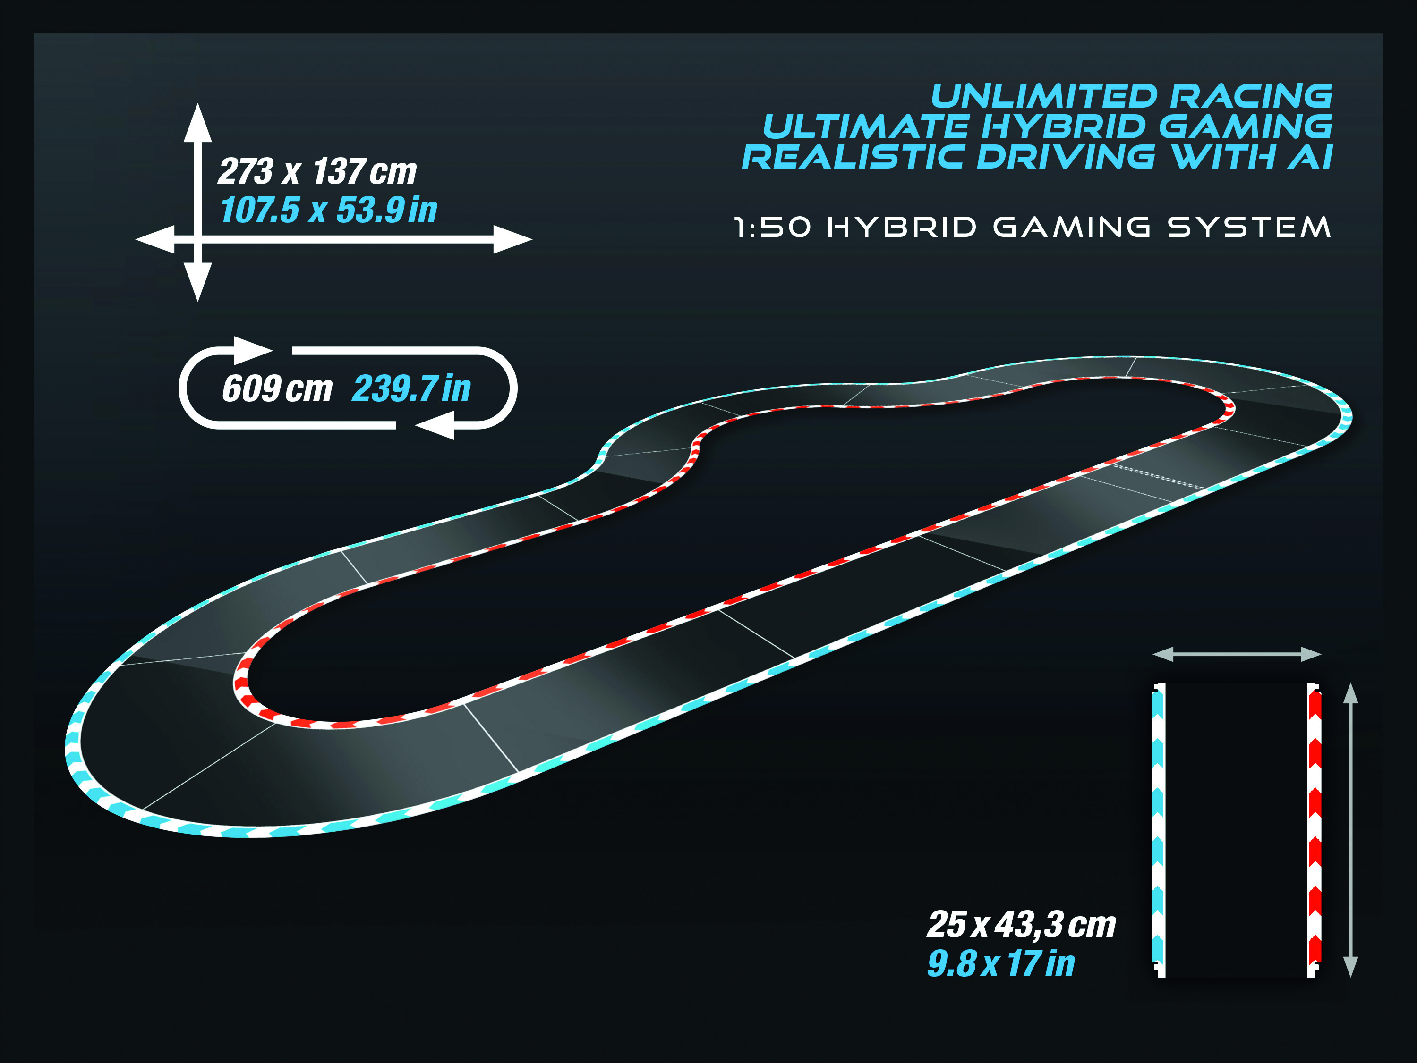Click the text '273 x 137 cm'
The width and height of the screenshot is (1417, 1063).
(x=317, y=172)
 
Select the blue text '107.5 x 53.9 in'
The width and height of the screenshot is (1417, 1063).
(x=329, y=210)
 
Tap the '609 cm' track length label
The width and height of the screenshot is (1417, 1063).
(x=277, y=388)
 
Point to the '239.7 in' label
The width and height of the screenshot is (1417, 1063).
(x=411, y=388)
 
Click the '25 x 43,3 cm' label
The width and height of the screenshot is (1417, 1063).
(x=1022, y=925)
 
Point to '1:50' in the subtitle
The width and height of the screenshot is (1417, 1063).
(x=773, y=228)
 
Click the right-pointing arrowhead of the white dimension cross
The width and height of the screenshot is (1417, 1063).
(x=513, y=239)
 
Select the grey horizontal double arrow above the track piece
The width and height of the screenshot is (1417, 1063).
(x=1237, y=654)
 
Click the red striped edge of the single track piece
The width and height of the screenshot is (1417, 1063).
(x=1314, y=830)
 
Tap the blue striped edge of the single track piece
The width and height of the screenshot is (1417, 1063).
(x=1158, y=830)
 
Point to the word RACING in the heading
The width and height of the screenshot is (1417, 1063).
(x=1251, y=97)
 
